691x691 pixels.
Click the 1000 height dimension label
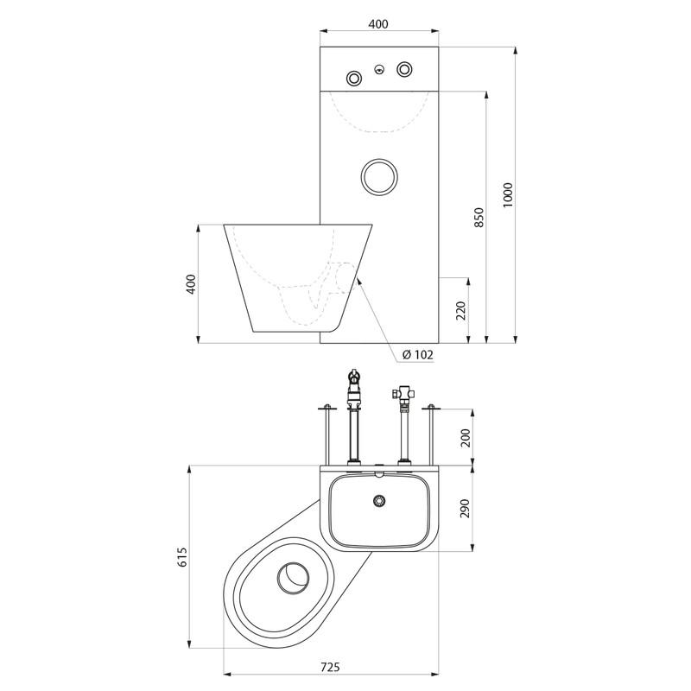tap(508, 195)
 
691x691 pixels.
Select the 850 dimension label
tap(479, 218)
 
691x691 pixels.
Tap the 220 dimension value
tap(460, 311)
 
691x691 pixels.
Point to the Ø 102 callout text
tap(418, 354)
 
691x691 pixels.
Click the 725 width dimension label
tap(330, 667)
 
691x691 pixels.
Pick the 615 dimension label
tap(182, 557)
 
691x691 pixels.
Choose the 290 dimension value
tap(466, 508)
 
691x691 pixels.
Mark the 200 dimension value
tap(466, 438)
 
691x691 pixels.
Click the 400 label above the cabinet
tap(378, 24)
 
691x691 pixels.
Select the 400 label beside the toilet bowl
tap(191, 284)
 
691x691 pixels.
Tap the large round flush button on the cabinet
tap(379, 176)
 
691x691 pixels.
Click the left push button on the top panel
tap(354, 79)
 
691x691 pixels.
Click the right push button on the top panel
tap(405, 69)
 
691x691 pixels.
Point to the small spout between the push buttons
tap(379, 69)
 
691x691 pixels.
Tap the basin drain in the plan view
tap(379, 501)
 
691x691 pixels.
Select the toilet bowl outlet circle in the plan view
tap(294, 578)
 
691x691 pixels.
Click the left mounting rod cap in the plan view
tap(327, 407)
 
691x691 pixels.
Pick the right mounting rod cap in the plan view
tap(431, 407)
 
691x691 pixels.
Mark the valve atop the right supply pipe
tap(403, 392)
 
